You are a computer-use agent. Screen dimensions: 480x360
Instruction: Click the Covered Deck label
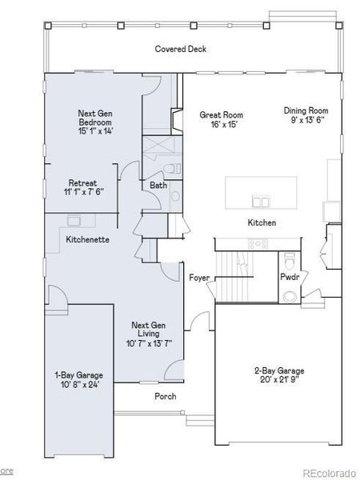pos(180,50)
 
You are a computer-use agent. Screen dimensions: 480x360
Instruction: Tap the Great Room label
pos(221,115)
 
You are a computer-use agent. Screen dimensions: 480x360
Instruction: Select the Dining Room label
pos(306,110)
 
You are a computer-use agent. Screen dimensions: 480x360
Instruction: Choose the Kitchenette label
pos(87,239)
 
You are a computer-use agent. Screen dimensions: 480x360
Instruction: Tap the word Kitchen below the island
pos(262,222)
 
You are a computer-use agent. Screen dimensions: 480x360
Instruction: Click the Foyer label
pos(199,278)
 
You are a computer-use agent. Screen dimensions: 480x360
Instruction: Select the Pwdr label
pos(289,278)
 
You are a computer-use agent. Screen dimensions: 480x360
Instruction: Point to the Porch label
pos(165,396)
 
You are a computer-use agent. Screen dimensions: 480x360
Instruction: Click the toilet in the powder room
pos(290,262)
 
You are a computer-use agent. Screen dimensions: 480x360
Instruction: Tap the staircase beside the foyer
pos(234,278)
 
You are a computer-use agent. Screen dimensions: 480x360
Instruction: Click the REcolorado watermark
pos(328,471)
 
